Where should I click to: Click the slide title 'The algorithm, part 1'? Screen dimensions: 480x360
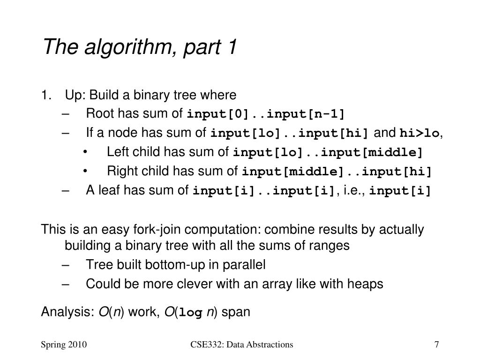[140, 47]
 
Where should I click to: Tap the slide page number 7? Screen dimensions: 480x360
[436, 345]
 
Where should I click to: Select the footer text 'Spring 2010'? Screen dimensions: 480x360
[63, 345]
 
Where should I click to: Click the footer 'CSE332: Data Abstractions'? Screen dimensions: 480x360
[241, 345]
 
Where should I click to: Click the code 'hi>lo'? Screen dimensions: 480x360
[420, 134]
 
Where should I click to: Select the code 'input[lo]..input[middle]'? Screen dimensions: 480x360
[328, 153]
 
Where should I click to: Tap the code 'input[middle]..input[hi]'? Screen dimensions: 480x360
[336, 172]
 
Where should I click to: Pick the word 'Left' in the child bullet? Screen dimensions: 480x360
[116, 152]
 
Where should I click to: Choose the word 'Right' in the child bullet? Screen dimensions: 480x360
[120, 171]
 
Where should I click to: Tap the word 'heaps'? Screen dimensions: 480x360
[367, 284]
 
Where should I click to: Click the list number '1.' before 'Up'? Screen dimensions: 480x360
[46, 95]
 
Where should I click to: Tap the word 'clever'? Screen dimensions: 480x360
[198, 284]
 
